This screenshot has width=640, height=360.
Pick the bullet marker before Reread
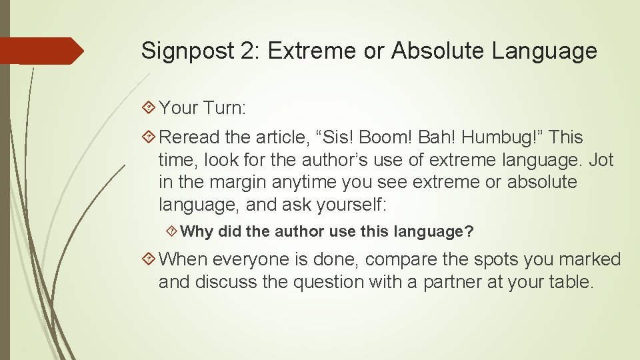(149, 138)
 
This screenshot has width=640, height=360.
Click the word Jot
(599, 160)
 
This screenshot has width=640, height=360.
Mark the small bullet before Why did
(171, 232)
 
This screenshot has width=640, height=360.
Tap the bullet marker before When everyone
(149, 259)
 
